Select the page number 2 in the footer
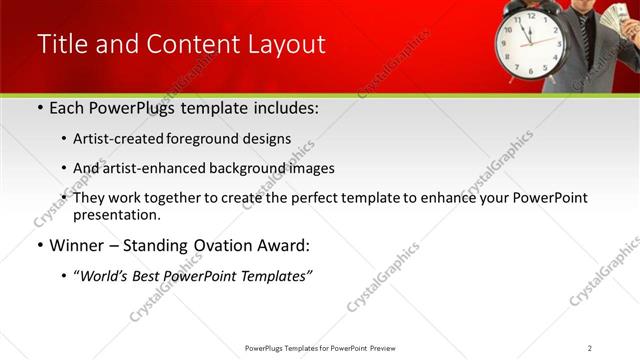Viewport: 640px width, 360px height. pos(590,347)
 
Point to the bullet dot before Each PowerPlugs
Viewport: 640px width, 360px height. pos(39,108)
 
